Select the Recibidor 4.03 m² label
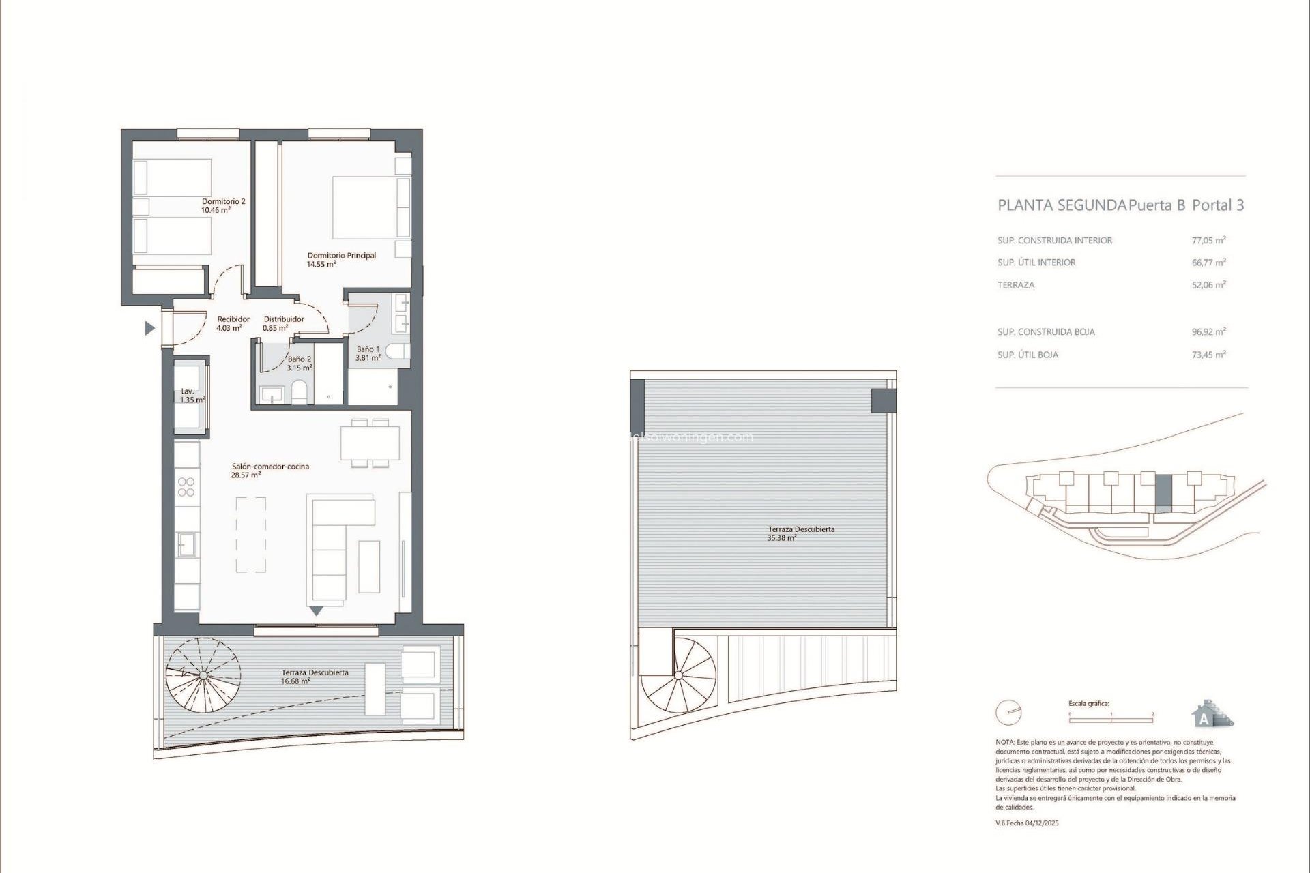(233, 323)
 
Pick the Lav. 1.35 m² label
(192, 396)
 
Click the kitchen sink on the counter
(186, 545)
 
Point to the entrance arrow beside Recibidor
(150, 329)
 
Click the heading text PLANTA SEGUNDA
(1062, 205)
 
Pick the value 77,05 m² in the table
(1208, 240)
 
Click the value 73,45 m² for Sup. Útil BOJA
(1208, 355)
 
